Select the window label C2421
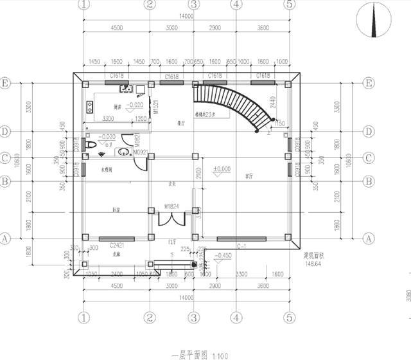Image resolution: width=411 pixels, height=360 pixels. [x=116, y=246]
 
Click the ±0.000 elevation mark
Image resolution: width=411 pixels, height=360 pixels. [x=223, y=169]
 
